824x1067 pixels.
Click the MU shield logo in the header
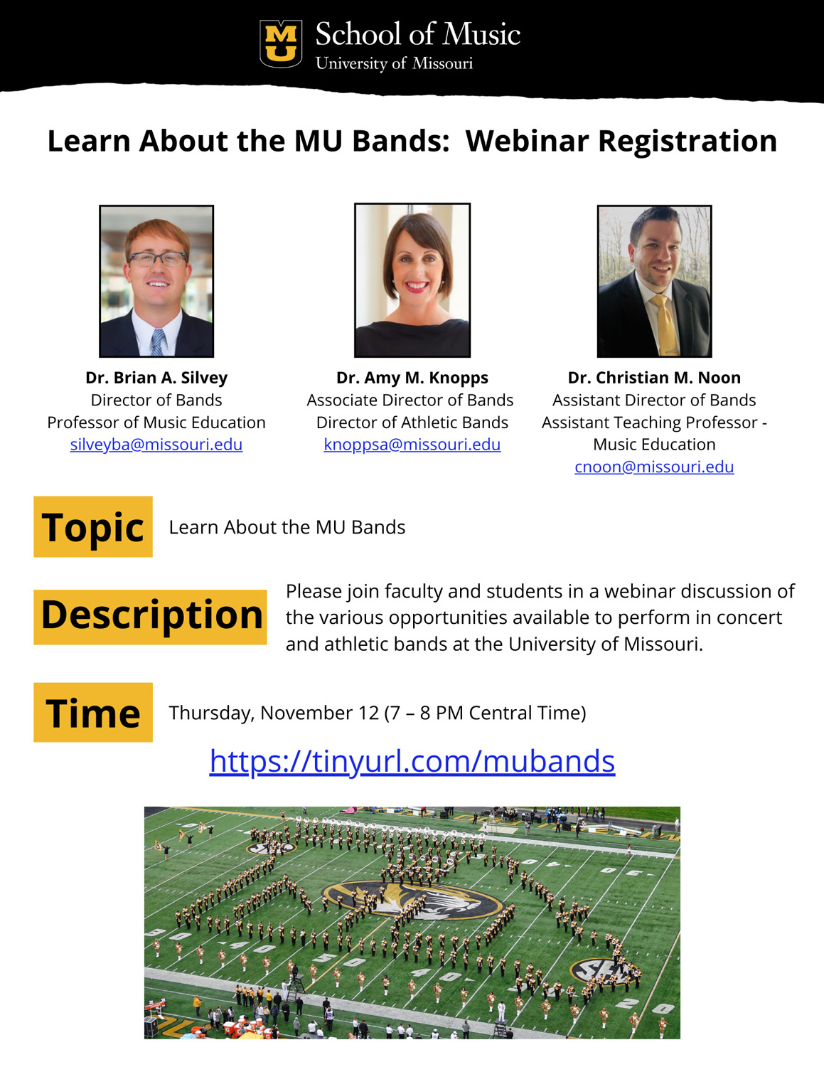(x=281, y=43)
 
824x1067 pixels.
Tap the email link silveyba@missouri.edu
(x=156, y=445)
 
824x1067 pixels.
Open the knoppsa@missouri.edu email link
(x=412, y=445)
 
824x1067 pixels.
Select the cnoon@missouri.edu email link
(x=654, y=467)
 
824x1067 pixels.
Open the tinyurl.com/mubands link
(x=412, y=761)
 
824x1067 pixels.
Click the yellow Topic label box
(x=92, y=526)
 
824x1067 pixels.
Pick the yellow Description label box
(x=150, y=617)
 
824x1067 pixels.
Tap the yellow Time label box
(x=92, y=712)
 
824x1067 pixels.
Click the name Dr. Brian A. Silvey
(x=156, y=378)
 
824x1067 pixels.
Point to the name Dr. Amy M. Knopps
(x=412, y=378)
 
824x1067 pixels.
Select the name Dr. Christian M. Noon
(x=654, y=378)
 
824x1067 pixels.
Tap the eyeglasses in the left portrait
(x=158, y=258)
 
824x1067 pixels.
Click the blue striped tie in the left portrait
(x=157, y=342)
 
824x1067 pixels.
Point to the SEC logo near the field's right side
(x=604, y=971)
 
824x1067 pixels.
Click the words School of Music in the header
(x=417, y=34)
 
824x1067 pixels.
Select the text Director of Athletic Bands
(x=412, y=423)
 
